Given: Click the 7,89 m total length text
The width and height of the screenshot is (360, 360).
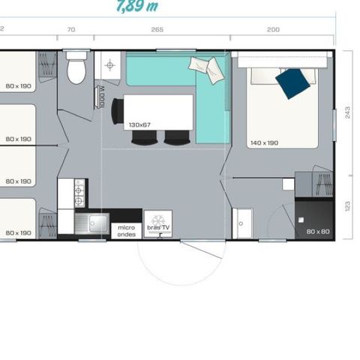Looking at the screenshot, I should [x=137, y=7].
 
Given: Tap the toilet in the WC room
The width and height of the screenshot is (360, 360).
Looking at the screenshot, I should [x=76, y=70].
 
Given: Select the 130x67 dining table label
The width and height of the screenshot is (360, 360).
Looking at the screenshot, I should [x=139, y=124].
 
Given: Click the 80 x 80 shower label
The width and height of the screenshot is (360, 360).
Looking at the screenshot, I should [x=318, y=231].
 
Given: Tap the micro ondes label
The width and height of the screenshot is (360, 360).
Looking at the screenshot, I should [x=124, y=229].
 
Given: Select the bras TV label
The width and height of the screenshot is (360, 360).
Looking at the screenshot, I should [x=158, y=226].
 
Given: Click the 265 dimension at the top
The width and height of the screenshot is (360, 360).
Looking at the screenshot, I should [x=156, y=29].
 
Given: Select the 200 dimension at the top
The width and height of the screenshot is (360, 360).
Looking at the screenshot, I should [x=273, y=29].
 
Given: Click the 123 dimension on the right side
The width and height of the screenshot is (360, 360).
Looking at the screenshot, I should [x=346, y=205].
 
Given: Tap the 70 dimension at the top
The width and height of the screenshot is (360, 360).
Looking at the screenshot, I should [x=71, y=29].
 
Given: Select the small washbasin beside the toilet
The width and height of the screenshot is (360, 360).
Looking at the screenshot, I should [x=109, y=65].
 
